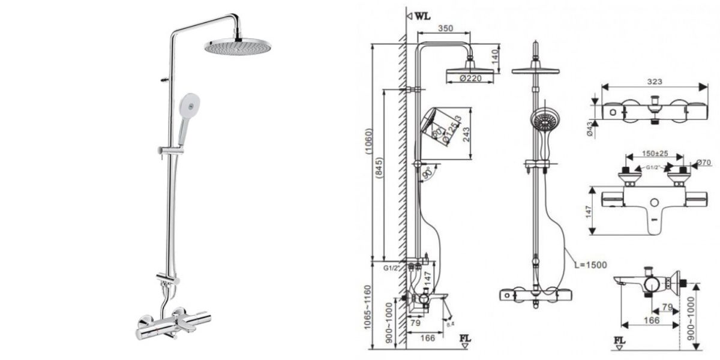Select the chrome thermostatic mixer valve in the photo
pos(171,324)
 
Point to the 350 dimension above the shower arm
pos(445,28)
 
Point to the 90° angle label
pos(428,174)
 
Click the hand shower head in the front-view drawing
pos(544,120)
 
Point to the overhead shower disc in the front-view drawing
pos(535,71)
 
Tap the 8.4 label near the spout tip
pos(451,325)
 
